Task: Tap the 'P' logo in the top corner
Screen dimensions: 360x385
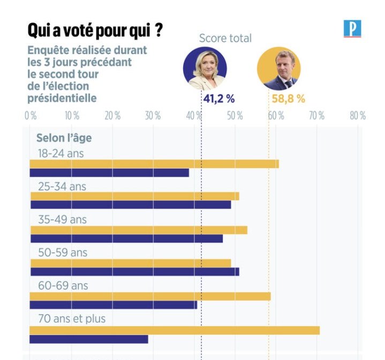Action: [x=352, y=28]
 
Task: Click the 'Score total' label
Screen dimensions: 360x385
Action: [x=225, y=38]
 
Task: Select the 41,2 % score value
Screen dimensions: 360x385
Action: [x=218, y=99]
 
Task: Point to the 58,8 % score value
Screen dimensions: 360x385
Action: [x=286, y=99]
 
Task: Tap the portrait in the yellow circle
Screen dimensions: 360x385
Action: [x=278, y=67]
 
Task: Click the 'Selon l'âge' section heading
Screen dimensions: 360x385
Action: [x=64, y=138]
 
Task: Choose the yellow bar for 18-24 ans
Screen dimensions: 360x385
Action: [x=154, y=164]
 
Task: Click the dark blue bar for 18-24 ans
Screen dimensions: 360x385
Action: [x=109, y=173]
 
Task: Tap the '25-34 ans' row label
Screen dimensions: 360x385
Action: [x=62, y=187]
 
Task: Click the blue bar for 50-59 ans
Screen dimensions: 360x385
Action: [x=134, y=272]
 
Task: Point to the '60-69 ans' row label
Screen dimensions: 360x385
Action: [x=63, y=286]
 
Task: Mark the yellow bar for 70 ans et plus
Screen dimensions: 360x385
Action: [x=175, y=330]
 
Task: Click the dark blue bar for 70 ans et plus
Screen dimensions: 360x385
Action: [x=88, y=339]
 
